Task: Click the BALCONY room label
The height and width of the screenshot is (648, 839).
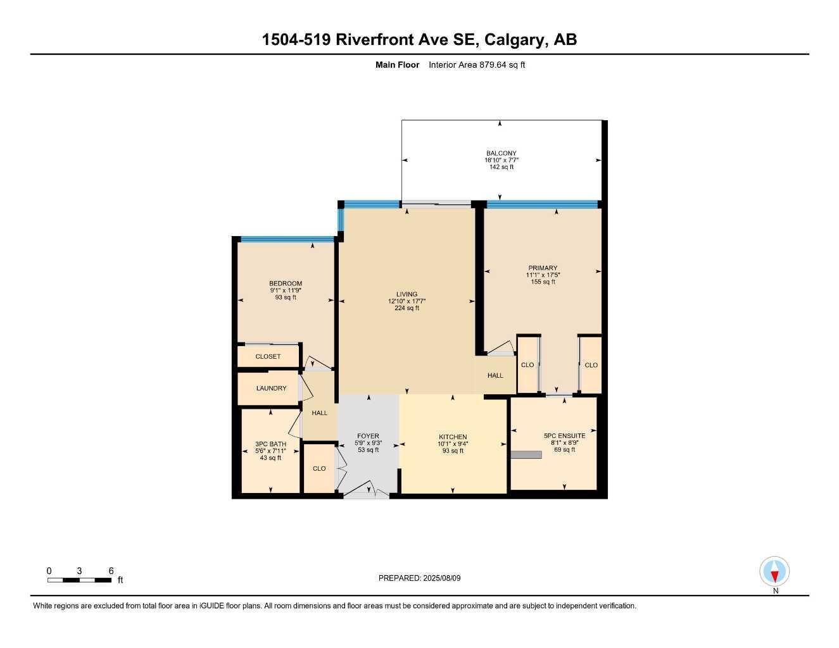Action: pyautogui.click(x=501, y=153)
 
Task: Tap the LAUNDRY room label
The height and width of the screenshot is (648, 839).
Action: pyautogui.click(x=271, y=388)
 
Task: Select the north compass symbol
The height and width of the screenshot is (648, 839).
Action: pyautogui.click(x=774, y=571)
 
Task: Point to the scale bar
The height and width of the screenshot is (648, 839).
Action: pyautogui.click(x=80, y=580)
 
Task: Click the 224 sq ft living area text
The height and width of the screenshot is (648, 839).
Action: pyautogui.click(x=407, y=308)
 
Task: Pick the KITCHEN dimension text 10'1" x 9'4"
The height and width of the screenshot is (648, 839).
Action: pyautogui.click(x=453, y=444)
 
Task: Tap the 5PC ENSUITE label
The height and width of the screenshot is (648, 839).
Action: pyautogui.click(x=564, y=436)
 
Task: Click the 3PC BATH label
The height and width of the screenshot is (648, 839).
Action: pyautogui.click(x=270, y=444)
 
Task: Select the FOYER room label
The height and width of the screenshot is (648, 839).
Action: pyautogui.click(x=368, y=436)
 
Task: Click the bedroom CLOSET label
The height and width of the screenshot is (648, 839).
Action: pyautogui.click(x=268, y=357)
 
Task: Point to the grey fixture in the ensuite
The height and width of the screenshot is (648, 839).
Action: pyautogui.click(x=526, y=455)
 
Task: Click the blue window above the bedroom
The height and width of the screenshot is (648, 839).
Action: pyautogui.click(x=287, y=239)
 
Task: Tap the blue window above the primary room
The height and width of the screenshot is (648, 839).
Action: pyautogui.click(x=543, y=204)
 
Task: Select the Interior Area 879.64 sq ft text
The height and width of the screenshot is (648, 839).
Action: pyautogui.click(x=477, y=65)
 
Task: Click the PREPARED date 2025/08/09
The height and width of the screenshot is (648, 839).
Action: pyautogui.click(x=442, y=578)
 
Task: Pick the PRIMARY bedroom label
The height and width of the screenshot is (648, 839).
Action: pyautogui.click(x=543, y=268)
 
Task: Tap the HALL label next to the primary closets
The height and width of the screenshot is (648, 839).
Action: pyautogui.click(x=495, y=376)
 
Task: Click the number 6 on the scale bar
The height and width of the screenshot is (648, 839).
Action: pyautogui.click(x=111, y=571)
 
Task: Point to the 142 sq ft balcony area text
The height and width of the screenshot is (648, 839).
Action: pyautogui.click(x=501, y=167)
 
